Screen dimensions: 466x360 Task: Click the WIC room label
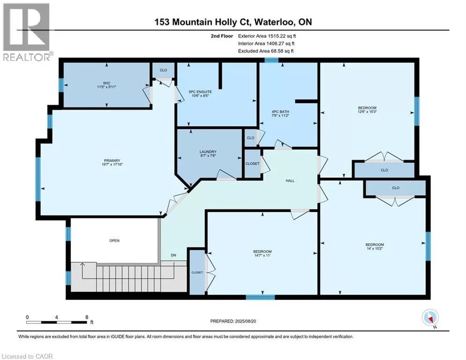pyautogui.click(x=107, y=83)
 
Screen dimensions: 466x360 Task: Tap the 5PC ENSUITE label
pyautogui.click(x=200, y=92)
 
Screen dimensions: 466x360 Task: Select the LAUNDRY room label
pyautogui.click(x=208, y=152)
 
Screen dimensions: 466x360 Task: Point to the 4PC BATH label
pyautogui.click(x=280, y=112)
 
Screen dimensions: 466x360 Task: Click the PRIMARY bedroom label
pyautogui.click(x=112, y=161)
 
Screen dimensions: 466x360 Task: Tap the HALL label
pyautogui.click(x=290, y=180)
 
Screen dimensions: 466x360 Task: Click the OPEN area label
pyautogui.click(x=114, y=240)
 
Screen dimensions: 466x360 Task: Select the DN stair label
pyautogui.click(x=173, y=255)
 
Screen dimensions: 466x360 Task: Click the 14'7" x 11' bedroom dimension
pyautogui.click(x=263, y=255)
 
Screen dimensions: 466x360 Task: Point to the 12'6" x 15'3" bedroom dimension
pyautogui.click(x=367, y=112)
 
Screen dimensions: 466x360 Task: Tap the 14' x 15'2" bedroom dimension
pyautogui.click(x=375, y=249)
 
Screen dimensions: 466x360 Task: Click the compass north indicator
pyautogui.click(x=430, y=318)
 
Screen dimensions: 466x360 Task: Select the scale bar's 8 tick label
pyautogui.click(x=87, y=317)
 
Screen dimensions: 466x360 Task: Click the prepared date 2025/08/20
pyautogui.click(x=245, y=321)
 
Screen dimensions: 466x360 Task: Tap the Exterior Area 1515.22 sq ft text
pyautogui.click(x=267, y=36)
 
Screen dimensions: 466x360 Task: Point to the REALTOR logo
pyautogui.click(x=28, y=32)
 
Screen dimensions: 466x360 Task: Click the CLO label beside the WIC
pyautogui.click(x=163, y=70)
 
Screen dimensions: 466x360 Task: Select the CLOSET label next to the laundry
pyautogui.click(x=252, y=164)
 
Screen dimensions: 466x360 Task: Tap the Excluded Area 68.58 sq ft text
pyautogui.click(x=266, y=51)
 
